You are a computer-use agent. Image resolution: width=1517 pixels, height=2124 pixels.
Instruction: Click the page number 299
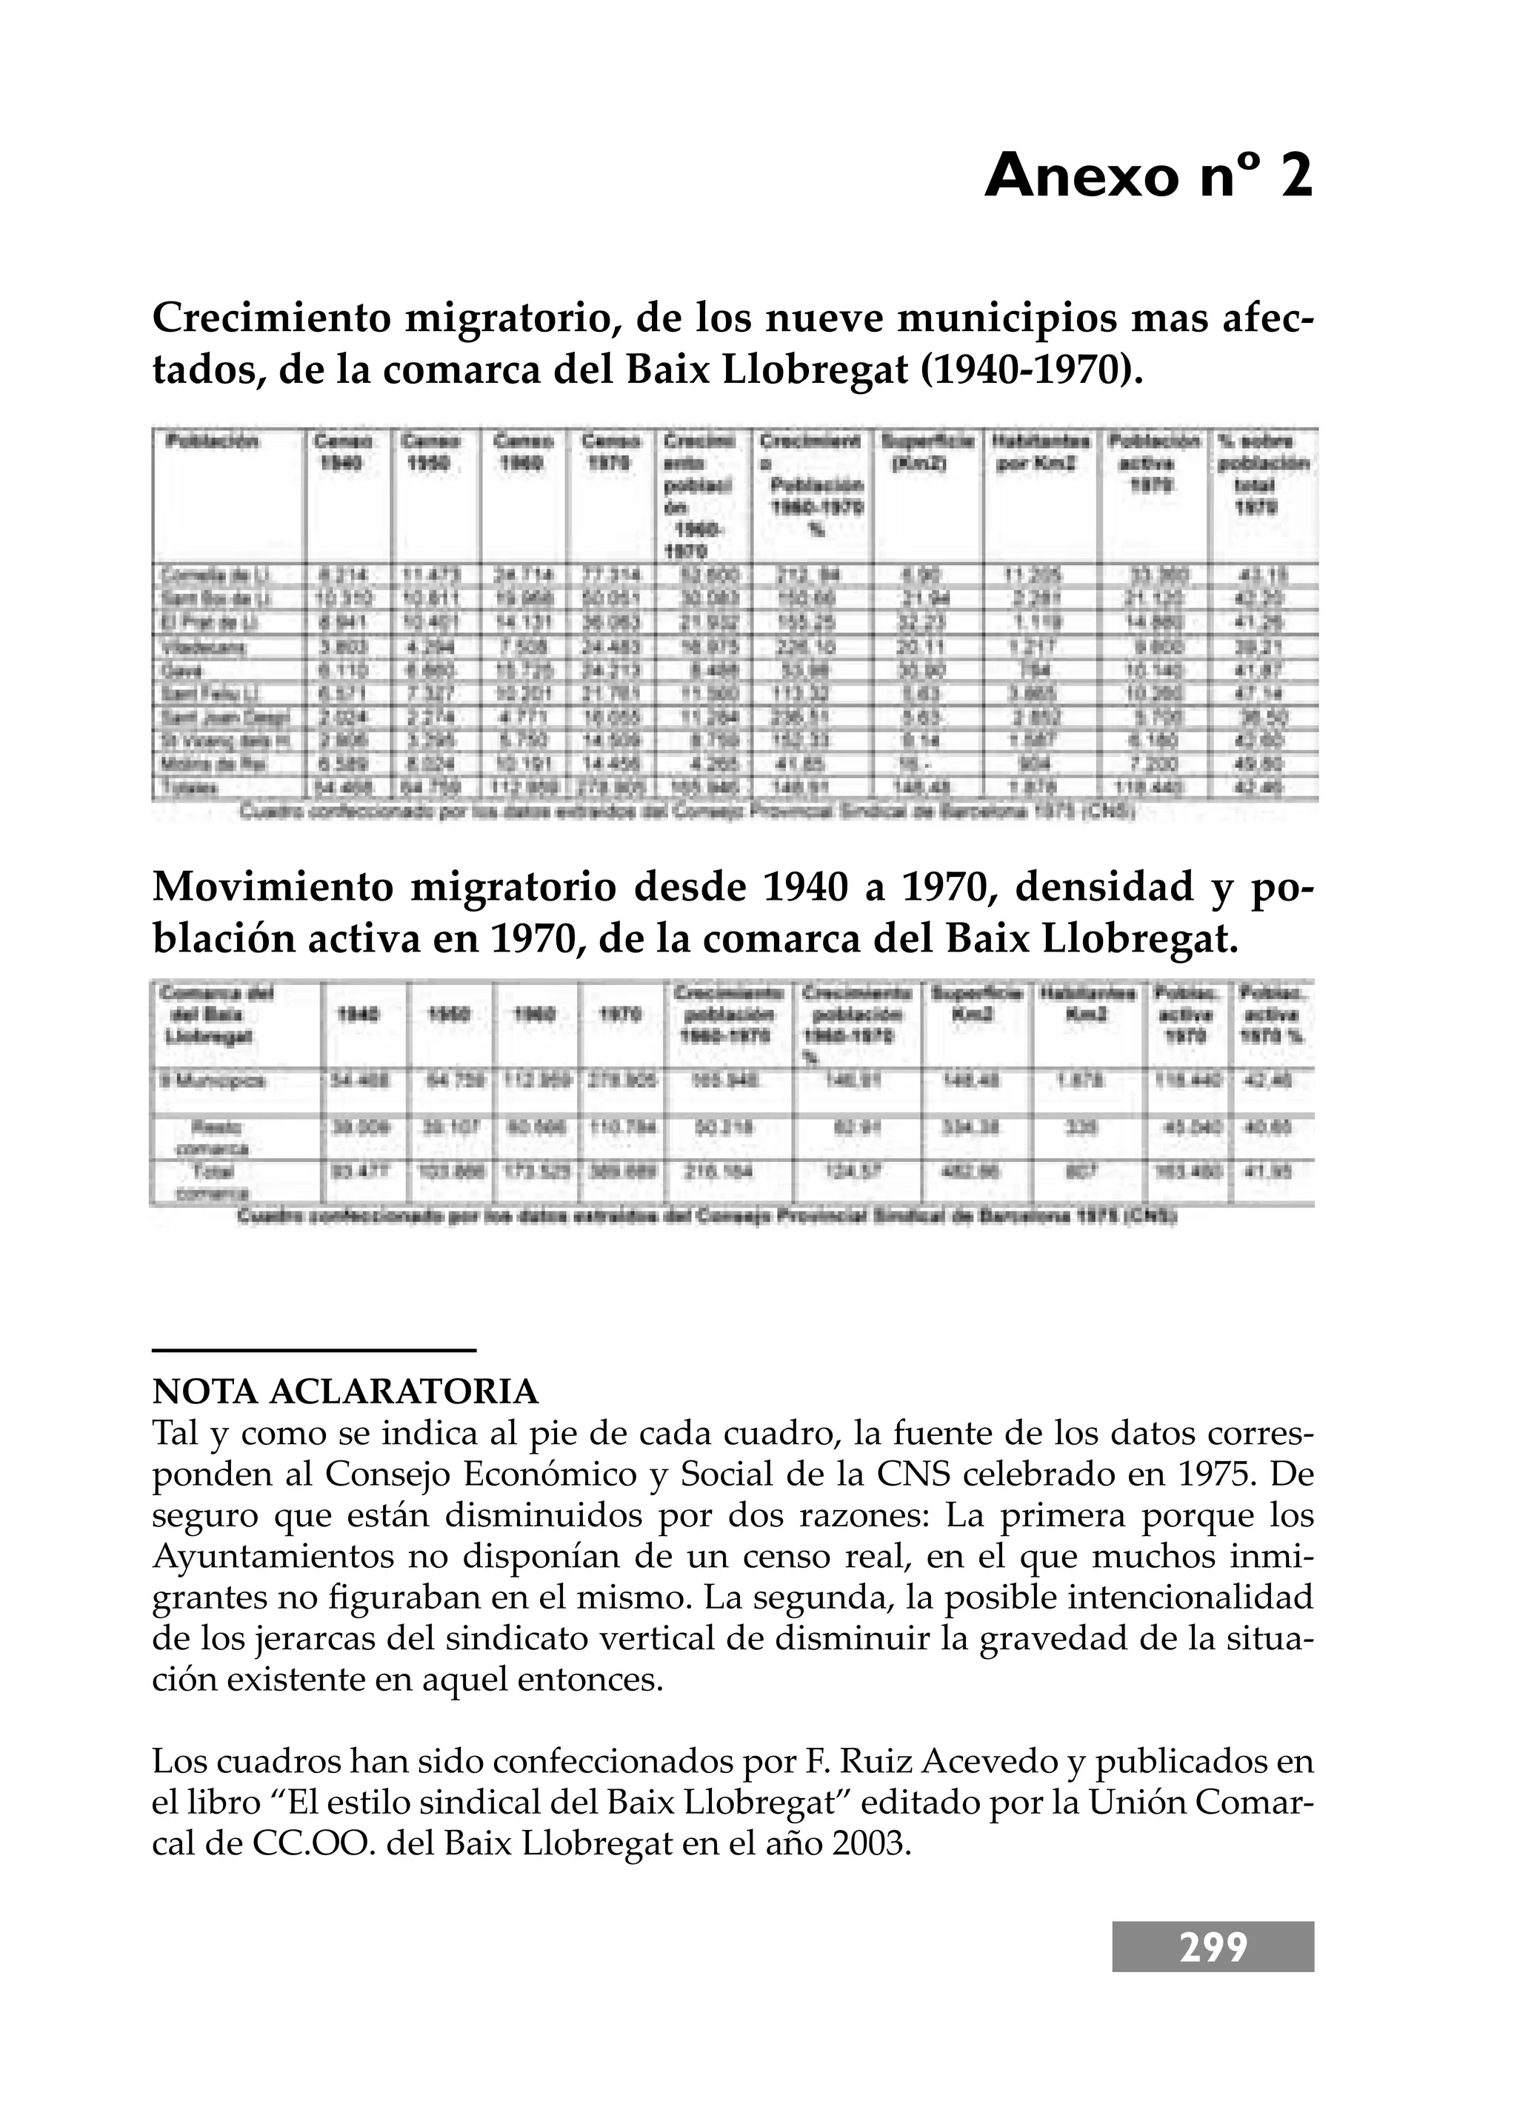tap(1213, 1948)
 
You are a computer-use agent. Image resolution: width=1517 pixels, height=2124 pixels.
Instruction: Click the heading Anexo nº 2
tap(1148, 176)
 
